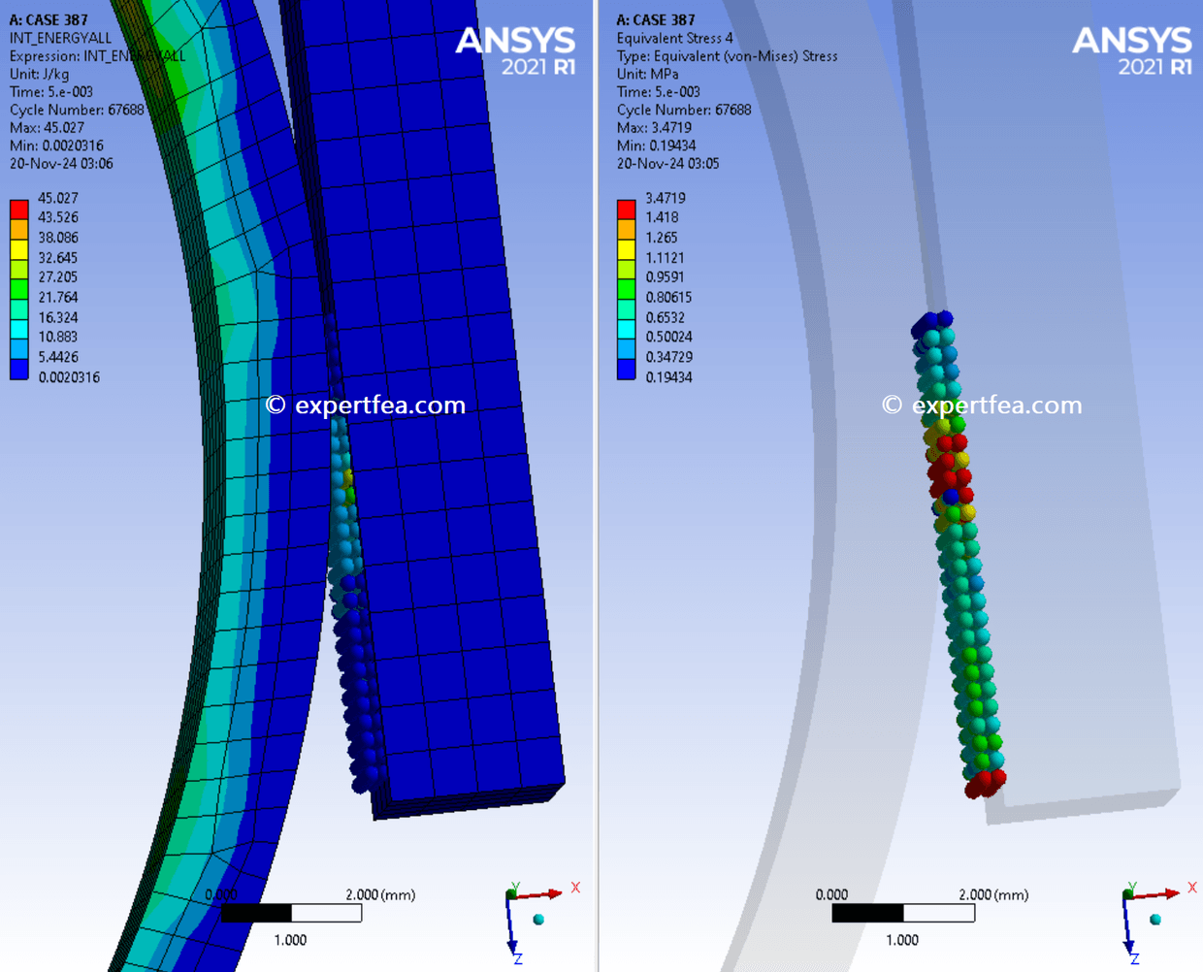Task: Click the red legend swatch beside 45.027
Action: point(18,209)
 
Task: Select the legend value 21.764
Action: point(57,298)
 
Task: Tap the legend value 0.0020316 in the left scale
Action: point(69,377)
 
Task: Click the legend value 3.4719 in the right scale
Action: point(665,198)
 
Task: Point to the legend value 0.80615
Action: point(668,298)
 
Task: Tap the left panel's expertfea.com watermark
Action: point(366,405)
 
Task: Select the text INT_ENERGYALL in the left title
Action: point(60,38)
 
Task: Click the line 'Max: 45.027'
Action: point(47,128)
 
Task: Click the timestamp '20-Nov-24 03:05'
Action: point(667,164)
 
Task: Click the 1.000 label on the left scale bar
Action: point(290,940)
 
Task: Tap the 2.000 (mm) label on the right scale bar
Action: point(993,894)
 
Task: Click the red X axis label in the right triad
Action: point(1192,888)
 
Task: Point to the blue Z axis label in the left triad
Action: point(518,958)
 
